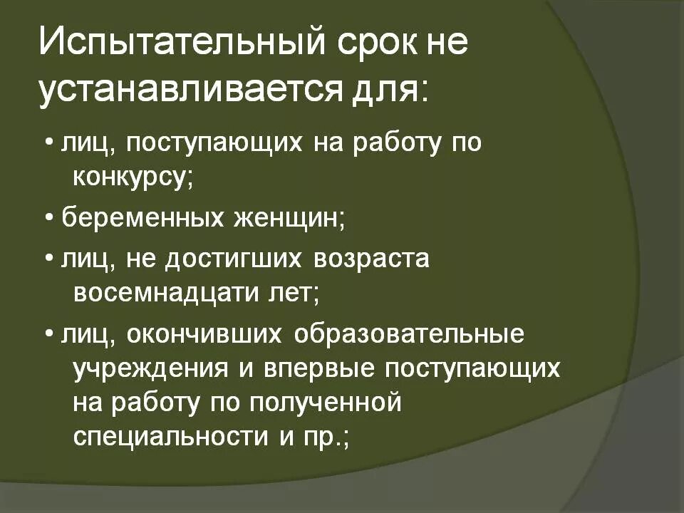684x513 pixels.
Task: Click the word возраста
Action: click(372, 258)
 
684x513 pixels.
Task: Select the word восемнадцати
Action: click(175, 292)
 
